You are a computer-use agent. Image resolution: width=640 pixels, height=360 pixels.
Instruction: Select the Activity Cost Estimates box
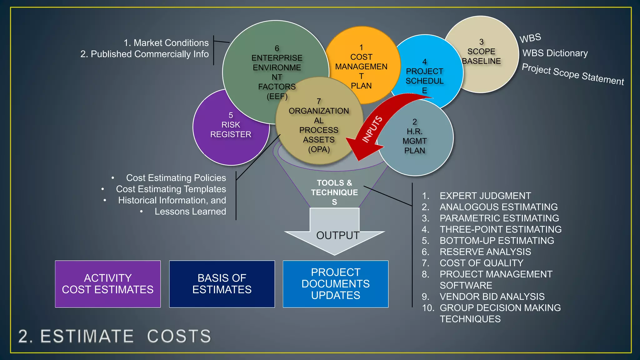108,284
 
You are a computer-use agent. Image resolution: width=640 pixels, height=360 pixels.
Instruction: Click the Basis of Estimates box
222,284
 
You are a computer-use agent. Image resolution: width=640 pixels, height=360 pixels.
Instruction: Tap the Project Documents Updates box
336,284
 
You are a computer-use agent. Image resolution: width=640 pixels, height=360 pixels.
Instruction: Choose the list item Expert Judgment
485,196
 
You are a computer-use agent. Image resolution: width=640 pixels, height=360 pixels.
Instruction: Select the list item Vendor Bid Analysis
492,297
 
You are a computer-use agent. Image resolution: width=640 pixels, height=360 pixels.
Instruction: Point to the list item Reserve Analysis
485,252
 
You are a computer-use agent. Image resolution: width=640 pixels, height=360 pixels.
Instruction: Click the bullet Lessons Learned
190,212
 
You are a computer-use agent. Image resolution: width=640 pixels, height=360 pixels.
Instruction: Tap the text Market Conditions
171,43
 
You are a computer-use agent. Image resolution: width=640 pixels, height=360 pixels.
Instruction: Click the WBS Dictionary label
555,53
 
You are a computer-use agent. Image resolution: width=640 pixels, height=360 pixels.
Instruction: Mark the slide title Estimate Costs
115,336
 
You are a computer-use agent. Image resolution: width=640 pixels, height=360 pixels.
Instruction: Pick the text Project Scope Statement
573,74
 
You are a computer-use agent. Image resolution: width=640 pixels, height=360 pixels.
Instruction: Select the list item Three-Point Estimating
500,229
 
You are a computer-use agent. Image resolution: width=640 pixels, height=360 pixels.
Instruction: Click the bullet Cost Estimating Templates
171,189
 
